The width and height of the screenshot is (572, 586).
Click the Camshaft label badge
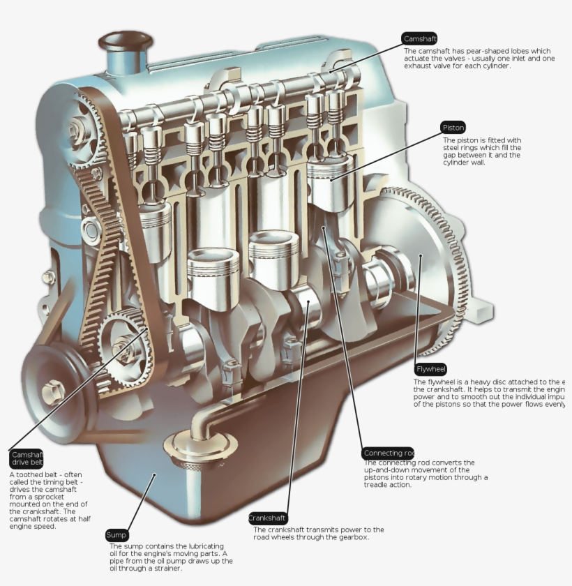(419, 38)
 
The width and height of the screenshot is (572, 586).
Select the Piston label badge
(453, 128)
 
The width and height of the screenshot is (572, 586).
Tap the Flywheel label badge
(430, 369)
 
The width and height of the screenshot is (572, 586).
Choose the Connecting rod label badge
(388, 453)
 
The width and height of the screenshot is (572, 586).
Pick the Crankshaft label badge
(268, 518)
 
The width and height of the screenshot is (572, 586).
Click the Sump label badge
(116, 535)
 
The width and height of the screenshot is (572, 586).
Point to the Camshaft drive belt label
(27, 458)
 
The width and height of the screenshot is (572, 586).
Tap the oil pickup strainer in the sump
(200, 446)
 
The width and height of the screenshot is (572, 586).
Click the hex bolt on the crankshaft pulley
(54, 391)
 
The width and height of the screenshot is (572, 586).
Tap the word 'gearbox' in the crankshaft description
(352, 538)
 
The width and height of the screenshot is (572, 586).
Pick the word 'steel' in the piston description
(453, 147)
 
